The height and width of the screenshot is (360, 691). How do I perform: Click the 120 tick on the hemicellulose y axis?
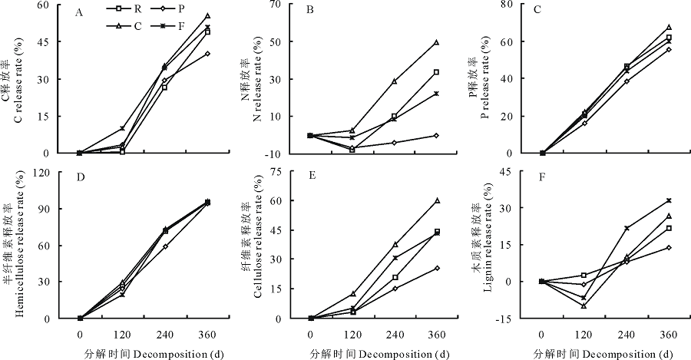pyautogui.click(x=56, y=171)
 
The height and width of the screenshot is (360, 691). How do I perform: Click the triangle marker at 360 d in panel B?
pyautogui.click(x=436, y=42)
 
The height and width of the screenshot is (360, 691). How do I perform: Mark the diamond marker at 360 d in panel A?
pyautogui.click(x=207, y=54)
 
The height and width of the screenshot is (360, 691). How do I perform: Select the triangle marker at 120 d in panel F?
pyautogui.click(x=584, y=306)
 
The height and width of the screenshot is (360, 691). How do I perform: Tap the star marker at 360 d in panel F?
pyautogui.click(x=668, y=200)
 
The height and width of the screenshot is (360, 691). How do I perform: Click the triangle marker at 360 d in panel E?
pyautogui.click(x=436, y=200)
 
